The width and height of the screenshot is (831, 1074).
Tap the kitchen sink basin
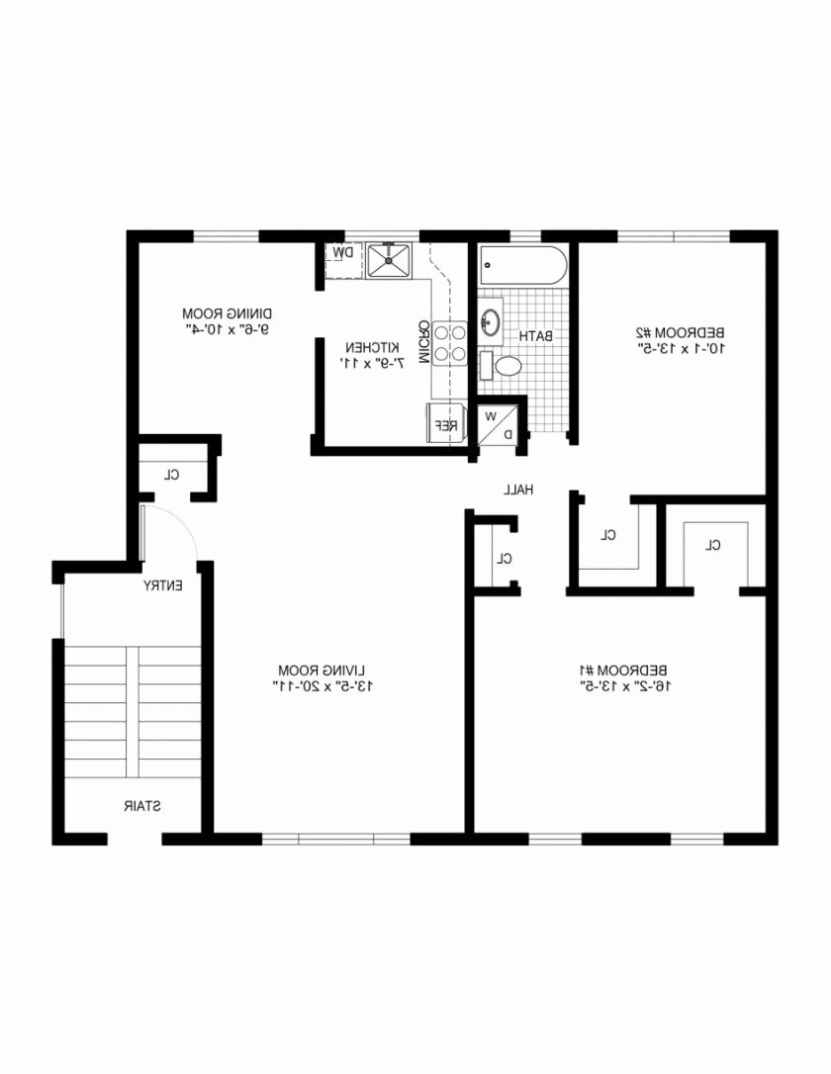[389, 259]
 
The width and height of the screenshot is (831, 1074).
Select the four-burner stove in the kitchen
[449, 343]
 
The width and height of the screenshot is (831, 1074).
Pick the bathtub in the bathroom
[523, 265]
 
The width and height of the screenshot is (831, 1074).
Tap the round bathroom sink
[491, 321]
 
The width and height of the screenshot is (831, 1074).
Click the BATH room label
[536, 336]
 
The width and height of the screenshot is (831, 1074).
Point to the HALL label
[517, 490]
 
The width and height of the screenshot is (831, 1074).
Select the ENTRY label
[162, 585]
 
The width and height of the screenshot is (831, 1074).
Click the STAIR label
[142, 806]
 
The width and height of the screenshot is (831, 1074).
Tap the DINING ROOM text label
[228, 313]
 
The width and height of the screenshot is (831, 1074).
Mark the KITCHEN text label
[372, 348]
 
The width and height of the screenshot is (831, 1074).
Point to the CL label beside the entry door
[172, 475]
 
